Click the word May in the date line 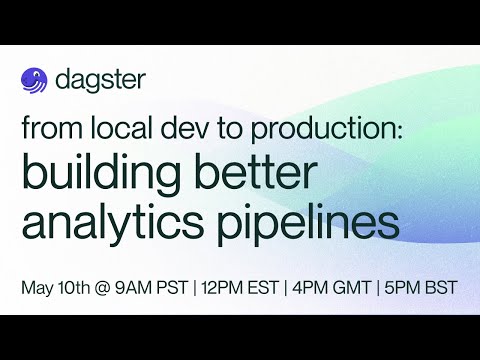pyautogui.click(x=38, y=287)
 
